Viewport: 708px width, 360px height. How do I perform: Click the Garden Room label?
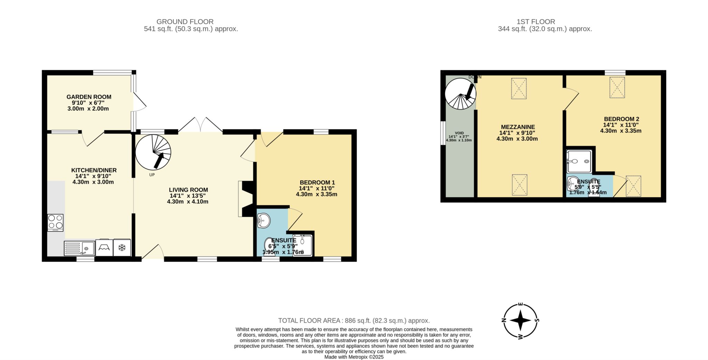click(89, 97)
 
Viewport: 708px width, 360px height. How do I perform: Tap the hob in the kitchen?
click(55, 222)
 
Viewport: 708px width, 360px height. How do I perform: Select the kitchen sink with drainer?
click(79, 248)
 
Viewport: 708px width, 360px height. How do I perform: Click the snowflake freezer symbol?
click(122, 247)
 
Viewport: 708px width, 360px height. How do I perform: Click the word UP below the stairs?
click(152, 175)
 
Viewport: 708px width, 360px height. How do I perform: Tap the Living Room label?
click(188, 190)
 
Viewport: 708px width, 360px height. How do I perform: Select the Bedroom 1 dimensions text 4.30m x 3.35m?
click(316, 194)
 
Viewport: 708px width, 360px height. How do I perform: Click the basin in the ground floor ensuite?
click(264, 220)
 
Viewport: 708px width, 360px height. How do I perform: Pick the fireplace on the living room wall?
click(246, 199)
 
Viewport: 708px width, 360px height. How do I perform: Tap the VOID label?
click(459, 133)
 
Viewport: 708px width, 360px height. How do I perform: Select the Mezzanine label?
click(518, 127)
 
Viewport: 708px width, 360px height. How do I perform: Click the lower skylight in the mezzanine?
click(519, 185)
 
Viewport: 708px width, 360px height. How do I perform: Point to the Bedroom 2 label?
click(621, 119)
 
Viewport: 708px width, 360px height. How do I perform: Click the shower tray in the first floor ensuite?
click(579, 161)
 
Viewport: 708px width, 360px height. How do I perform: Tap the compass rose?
click(520, 320)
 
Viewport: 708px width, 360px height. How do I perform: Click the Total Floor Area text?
click(354, 321)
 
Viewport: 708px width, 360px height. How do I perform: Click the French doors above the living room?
click(200, 125)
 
